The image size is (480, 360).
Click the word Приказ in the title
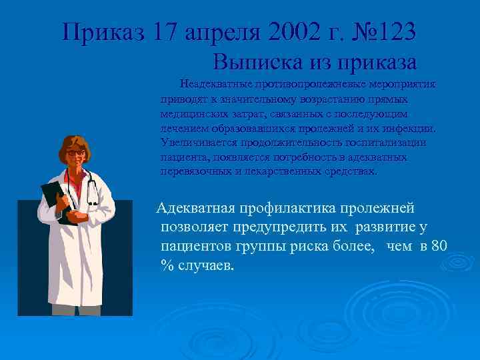pyautogui.click(x=101, y=31)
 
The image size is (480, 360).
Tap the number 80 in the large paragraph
pyautogui.click(x=439, y=247)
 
